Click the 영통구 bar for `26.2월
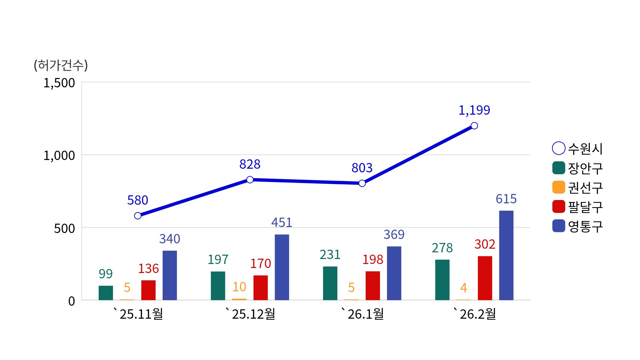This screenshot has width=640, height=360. [506, 255]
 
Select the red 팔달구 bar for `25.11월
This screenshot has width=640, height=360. [148, 290]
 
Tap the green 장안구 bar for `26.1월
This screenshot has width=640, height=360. [330, 283]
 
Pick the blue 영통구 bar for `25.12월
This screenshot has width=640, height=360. [282, 267]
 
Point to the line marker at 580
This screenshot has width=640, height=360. [138, 216]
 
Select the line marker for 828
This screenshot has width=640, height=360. [250, 180]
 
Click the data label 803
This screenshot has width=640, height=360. [362, 168]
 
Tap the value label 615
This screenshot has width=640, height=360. [506, 199]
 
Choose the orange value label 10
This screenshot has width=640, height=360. [239, 287]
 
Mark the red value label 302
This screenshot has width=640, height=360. [485, 244]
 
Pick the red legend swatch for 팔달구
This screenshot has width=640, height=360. [559, 207]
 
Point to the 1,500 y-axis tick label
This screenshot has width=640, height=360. [59, 83]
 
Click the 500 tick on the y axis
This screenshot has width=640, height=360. [65, 229]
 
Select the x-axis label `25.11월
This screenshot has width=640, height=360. [138, 314]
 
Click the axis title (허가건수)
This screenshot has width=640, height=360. [61, 65]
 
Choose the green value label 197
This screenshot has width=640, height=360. [218, 259]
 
